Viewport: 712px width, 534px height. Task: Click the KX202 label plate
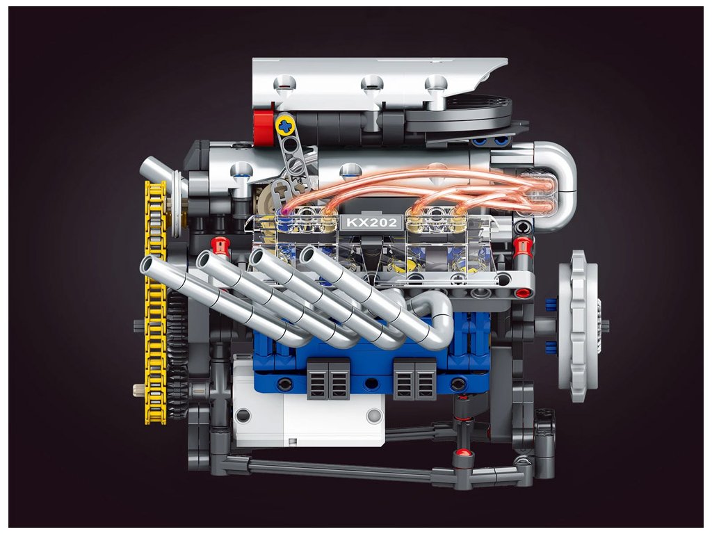tap(371, 222)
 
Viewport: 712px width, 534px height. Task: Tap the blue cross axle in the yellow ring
tap(285, 125)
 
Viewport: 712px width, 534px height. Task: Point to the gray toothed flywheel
tap(581, 325)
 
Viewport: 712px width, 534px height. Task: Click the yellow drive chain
tap(155, 302)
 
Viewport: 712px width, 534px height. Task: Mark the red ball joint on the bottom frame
tap(463, 453)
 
